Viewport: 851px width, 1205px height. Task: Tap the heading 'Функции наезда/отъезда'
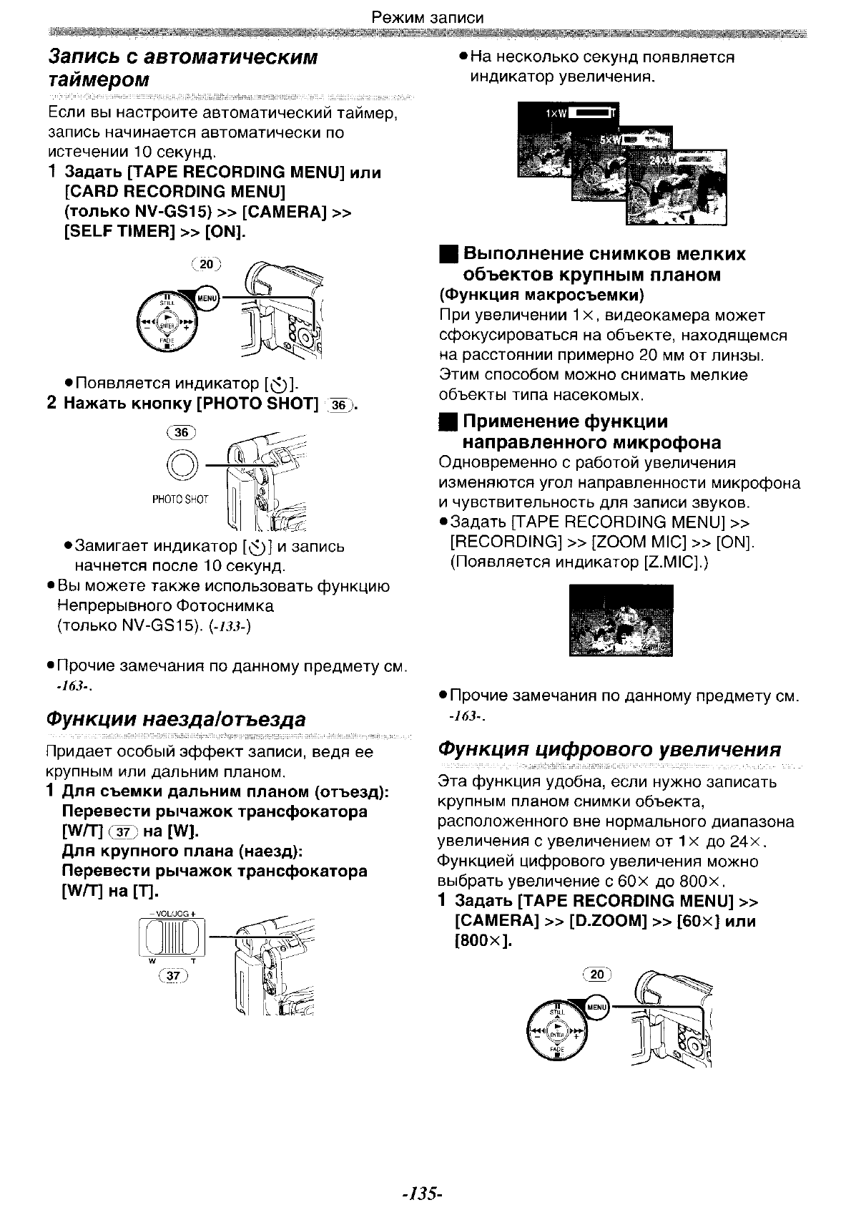(x=176, y=718)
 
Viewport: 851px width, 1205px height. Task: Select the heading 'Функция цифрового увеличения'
(x=609, y=749)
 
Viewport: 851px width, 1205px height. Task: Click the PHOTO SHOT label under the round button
(x=180, y=499)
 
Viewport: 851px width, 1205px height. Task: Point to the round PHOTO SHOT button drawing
(x=180, y=465)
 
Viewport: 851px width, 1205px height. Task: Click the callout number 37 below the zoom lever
(x=174, y=975)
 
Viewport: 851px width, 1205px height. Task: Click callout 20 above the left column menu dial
(x=207, y=264)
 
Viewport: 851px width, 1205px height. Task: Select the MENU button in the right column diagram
(x=596, y=1007)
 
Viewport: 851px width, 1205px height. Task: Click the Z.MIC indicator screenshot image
(x=621, y=620)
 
